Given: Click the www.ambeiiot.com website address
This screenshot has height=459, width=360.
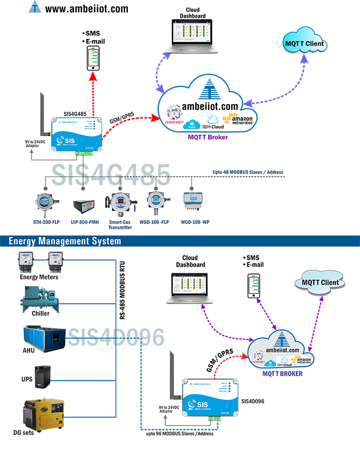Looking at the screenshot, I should pos(87,9).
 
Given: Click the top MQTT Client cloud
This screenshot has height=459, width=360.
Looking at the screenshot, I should pos(305,45).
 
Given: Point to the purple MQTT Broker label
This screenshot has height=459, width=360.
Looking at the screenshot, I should pos(208,137).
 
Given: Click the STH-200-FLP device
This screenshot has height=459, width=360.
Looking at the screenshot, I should pos(45,204).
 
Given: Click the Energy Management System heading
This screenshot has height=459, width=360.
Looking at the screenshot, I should pos(65,241).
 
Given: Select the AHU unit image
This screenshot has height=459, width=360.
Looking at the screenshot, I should pos(44,336).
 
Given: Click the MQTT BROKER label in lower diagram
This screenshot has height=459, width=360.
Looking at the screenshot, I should pos(282,373).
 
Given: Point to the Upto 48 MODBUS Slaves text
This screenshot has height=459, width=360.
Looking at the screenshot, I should pos(248,172).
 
